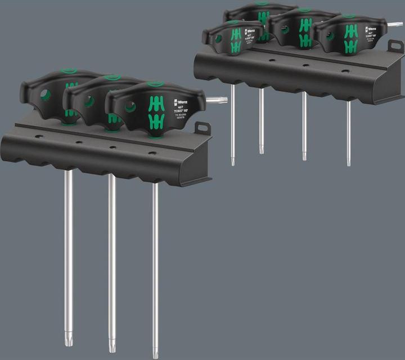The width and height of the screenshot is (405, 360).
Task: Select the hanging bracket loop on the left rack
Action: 202,129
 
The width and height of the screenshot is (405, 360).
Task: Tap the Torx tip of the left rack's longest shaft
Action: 155,352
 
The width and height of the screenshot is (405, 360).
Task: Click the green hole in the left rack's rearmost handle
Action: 46,96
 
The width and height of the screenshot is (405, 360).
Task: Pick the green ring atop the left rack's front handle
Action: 155,84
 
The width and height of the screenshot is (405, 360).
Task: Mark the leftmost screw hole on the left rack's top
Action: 39,137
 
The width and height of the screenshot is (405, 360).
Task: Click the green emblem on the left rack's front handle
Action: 156,111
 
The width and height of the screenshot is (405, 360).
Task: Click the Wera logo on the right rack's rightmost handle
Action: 371,29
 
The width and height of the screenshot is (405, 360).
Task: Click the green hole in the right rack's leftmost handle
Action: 218,39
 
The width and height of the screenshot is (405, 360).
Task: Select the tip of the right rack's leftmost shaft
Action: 233,161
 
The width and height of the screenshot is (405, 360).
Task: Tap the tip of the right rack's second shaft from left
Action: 262,150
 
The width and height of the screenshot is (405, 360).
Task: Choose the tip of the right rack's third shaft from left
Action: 304,157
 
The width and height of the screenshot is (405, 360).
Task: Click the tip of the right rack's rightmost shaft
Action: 349,163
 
